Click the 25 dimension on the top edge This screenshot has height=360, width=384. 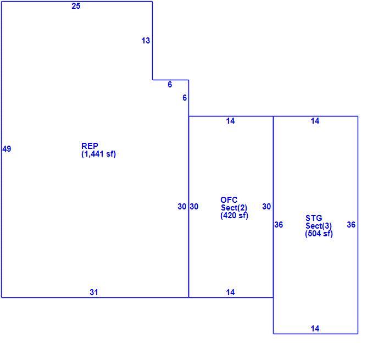click(76, 6)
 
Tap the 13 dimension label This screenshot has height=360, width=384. click(146, 41)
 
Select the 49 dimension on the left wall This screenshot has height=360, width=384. click(7, 149)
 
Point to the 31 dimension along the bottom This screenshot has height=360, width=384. click(94, 292)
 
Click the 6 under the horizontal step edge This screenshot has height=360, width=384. click(170, 85)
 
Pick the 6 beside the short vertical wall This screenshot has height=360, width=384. click(185, 98)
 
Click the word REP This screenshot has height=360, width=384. click(90, 146)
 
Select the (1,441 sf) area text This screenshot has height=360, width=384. click(98, 154)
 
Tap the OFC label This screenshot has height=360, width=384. click(229, 200)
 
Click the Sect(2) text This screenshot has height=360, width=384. click(234, 208)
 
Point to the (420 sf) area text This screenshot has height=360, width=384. click(235, 215)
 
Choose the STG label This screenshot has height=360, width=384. click(314, 218)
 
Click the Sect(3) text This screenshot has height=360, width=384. click(319, 226)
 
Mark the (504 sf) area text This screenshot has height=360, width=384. click(319, 234)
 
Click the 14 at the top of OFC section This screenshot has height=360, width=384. click(230, 121)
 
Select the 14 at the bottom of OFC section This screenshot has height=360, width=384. click(230, 292)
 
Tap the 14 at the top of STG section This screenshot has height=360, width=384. click(315, 121)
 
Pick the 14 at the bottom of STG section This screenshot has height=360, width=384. click(315, 328)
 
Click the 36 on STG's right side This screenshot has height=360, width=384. click(351, 225)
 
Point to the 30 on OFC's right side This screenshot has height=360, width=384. click(266, 207)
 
